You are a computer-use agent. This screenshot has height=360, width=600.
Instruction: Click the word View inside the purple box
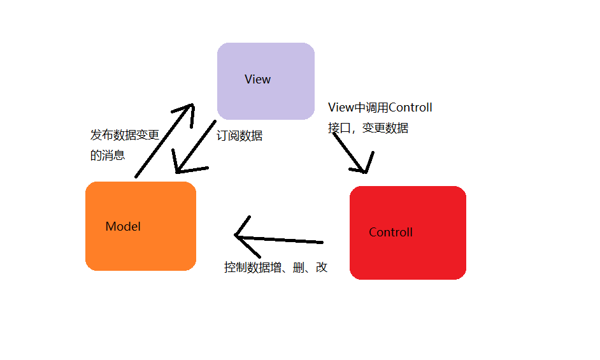pyautogui.click(x=257, y=80)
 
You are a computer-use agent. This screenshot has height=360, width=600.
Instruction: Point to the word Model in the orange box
pyautogui.click(x=123, y=227)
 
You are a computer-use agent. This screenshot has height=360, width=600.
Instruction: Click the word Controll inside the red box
pyautogui.click(x=390, y=233)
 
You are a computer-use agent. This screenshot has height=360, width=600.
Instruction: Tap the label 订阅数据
pyautogui.click(x=239, y=136)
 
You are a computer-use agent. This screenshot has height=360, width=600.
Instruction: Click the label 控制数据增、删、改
pyautogui.click(x=275, y=268)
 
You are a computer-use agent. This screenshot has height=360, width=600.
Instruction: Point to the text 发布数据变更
pyautogui.click(x=124, y=135)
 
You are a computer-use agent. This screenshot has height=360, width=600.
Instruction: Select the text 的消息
pyautogui.click(x=108, y=155)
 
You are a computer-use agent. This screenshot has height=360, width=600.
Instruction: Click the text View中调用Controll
pyautogui.click(x=380, y=108)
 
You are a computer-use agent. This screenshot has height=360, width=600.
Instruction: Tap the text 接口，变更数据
pyautogui.click(x=368, y=128)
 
